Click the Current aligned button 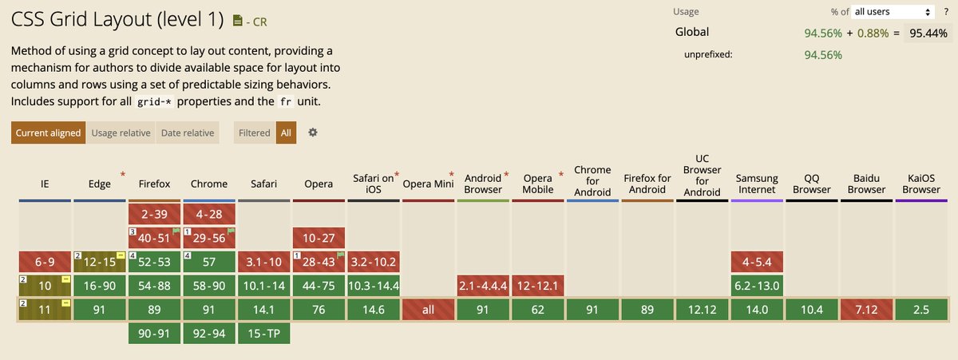[49, 133]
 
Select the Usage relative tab [121, 133]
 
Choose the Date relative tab [187, 133]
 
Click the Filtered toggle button [254, 133]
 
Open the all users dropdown [894, 12]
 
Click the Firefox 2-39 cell [155, 215]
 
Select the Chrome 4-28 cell [209, 215]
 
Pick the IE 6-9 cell [45, 261]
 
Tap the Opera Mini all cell [429, 311]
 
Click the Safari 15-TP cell [263, 334]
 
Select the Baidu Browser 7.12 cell [867, 311]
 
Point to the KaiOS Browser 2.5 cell [922, 311]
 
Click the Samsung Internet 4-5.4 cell [757, 261]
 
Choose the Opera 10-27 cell [319, 238]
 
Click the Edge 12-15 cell [100, 261]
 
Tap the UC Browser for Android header [703, 175]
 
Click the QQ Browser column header [812, 184]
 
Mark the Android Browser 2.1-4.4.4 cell [483, 286]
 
